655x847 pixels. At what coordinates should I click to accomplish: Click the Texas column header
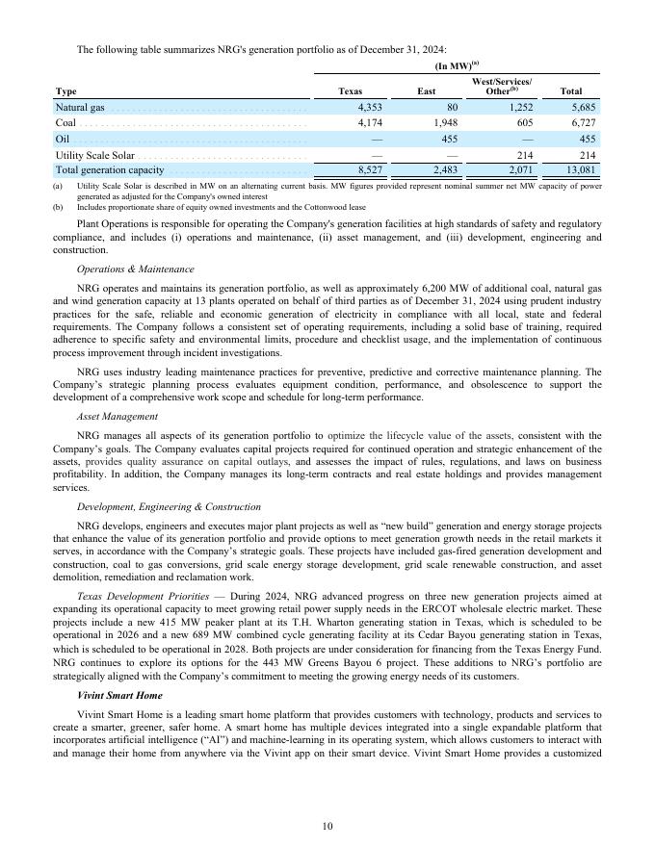click(351, 92)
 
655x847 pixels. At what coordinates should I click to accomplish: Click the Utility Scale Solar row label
click(94, 154)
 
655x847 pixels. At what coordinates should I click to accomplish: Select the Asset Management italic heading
click(118, 416)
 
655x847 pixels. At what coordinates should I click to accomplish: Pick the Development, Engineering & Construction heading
click(168, 506)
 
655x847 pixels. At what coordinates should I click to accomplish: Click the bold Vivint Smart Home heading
click(119, 694)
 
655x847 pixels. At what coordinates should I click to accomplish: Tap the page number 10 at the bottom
click(327, 826)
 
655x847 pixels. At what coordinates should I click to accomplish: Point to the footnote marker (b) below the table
click(58, 207)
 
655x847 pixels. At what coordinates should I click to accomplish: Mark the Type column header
click(66, 92)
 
